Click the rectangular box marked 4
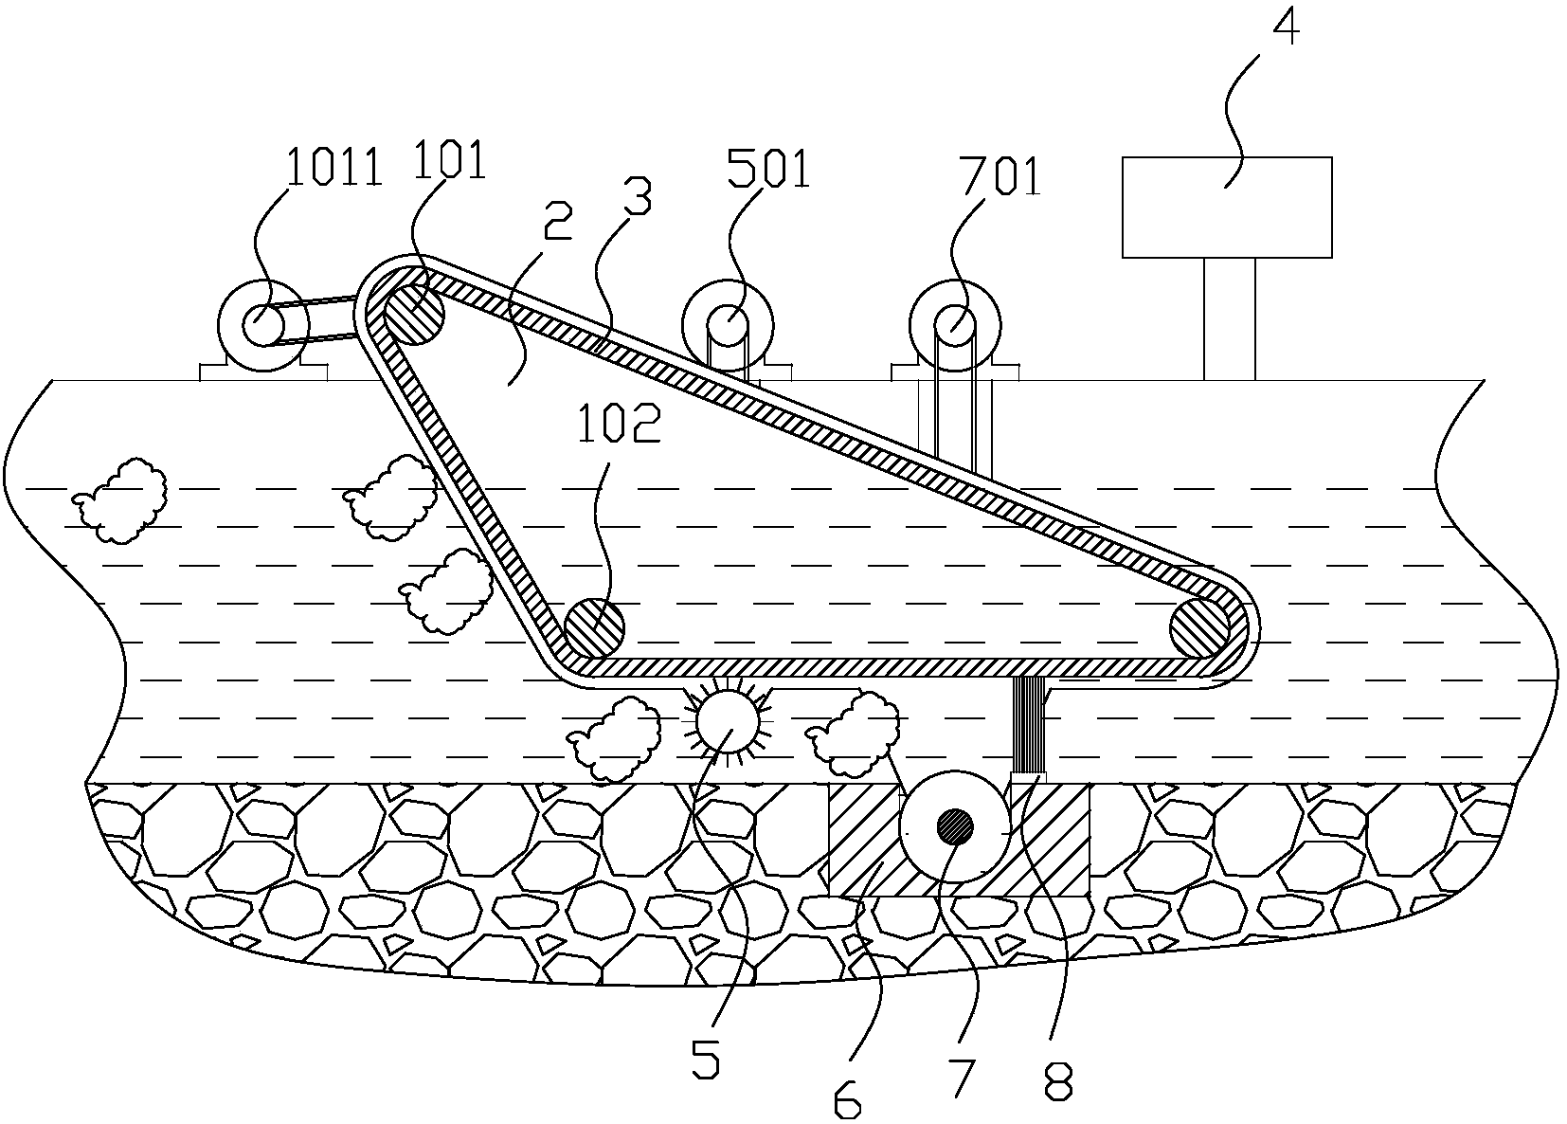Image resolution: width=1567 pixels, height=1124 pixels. click(1227, 207)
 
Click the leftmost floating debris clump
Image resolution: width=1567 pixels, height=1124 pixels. click(120, 499)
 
